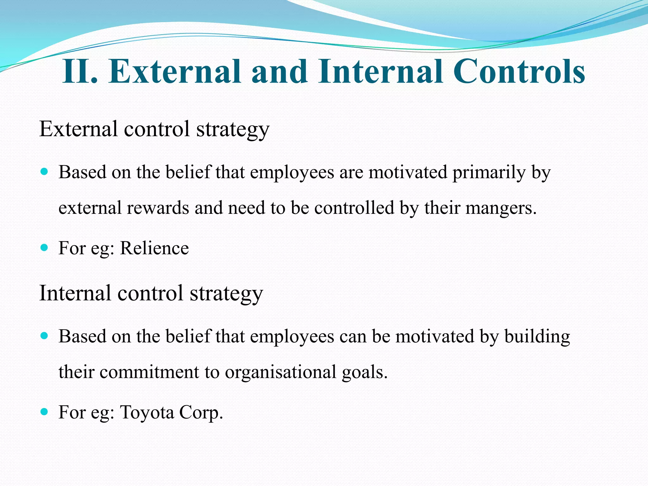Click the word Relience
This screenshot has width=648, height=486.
click(154, 248)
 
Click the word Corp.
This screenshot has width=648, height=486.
click(201, 413)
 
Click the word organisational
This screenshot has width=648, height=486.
click(280, 372)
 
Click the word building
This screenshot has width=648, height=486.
click(537, 337)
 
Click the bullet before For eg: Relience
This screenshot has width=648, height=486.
click(44, 247)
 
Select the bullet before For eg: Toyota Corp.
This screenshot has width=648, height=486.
click(44, 412)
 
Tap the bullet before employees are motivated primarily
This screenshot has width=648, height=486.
click(44, 172)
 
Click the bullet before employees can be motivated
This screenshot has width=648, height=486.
click(44, 336)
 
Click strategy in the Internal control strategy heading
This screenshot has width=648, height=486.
click(226, 294)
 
